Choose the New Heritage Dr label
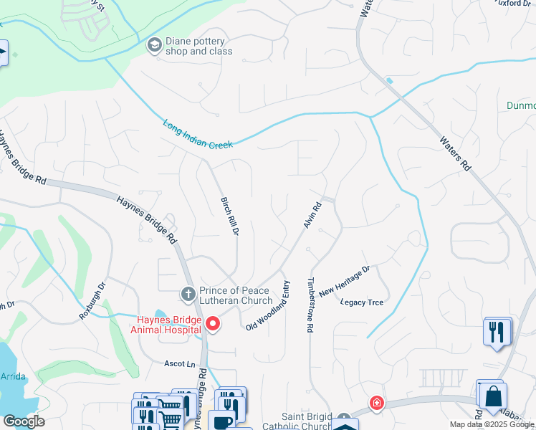click(x=345, y=281)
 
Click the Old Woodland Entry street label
click(x=267, y=315)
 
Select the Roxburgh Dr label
click(x=93, y=295)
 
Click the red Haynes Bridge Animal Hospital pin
click(x=212, y=324)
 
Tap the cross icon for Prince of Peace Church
click(x=188, y=294)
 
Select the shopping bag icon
click(x=494, y=396)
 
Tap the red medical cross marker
click(x=376, y=403)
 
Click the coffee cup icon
click(x=223, y=422)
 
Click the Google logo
click(x=24, y=421)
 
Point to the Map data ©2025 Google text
click(x=491, y=424)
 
